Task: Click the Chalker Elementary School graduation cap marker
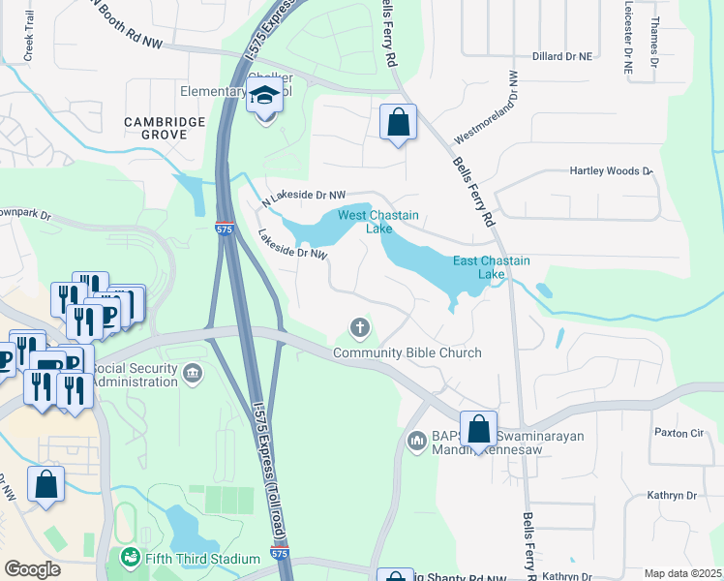click(x=263, y=98)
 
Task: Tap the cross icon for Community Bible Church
click(x=359, y=328)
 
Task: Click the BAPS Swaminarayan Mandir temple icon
click(x=417, y=441)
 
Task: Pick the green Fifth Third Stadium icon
click(x=129, y=559)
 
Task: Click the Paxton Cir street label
click(x=678, y=432)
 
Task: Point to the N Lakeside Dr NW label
click(x=304, y=196)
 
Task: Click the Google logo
click(x=33, y=569)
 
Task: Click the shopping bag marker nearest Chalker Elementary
click(x=397, y=122)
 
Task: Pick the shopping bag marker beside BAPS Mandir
click(x=478, y=429)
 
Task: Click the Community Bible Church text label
click(x=407, y=352)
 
